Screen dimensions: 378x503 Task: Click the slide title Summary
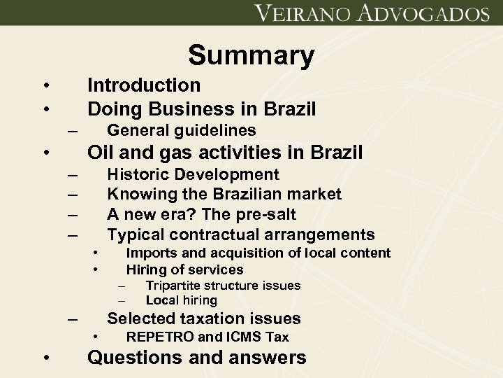tap(251, 55)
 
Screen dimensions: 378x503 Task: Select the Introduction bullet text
tap(143, 85)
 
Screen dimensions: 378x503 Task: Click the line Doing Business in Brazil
tap(201, 109)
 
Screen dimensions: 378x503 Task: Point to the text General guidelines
tap(181, 131)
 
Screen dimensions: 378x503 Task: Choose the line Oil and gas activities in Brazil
tap(224, 152)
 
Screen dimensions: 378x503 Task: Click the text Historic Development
tap(193, 174)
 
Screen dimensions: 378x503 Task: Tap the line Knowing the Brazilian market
tap(224, 194)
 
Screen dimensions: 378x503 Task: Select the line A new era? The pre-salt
tap(201, 213)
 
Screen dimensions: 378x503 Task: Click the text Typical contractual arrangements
tap(240, 234)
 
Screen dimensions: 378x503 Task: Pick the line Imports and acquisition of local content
tap(258, 253)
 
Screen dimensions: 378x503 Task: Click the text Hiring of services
tap(184, 269)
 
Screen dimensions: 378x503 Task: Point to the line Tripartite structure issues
tap(223, 286)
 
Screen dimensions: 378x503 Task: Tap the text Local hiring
tap(181, 300)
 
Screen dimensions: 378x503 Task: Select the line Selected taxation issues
tap(204, 319)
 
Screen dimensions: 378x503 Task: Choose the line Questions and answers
tap(196, 358)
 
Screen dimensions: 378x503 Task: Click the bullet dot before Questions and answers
tap(45, 359)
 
